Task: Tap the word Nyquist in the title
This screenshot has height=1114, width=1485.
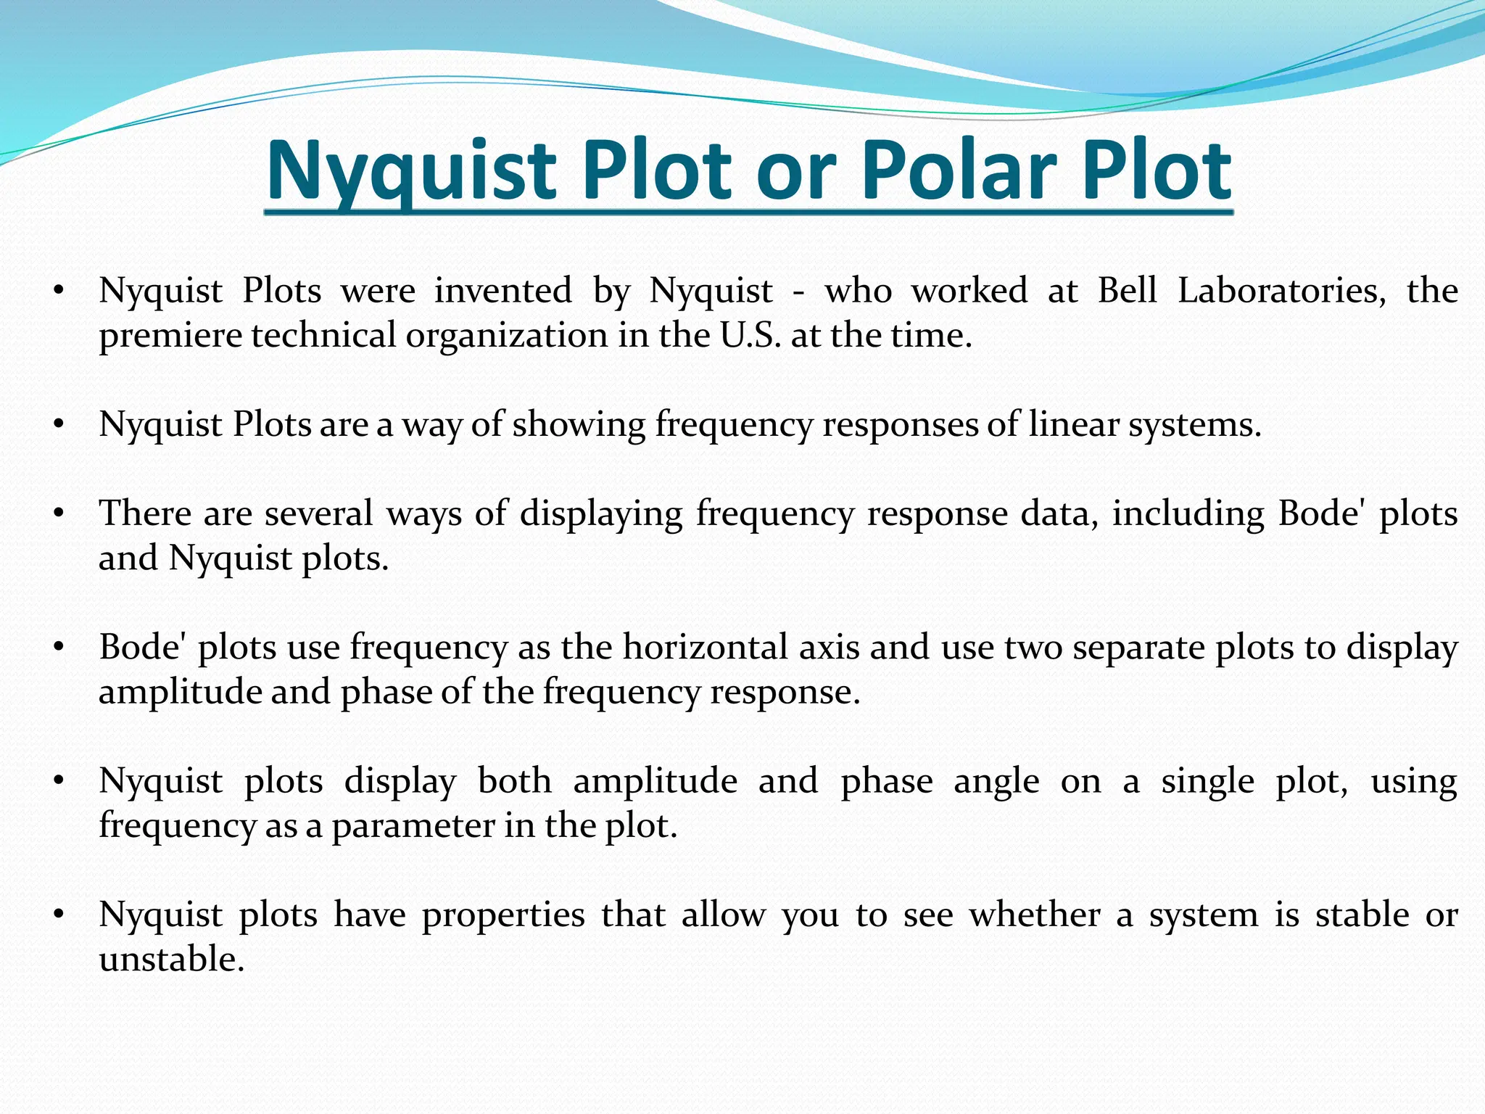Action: [411, 172]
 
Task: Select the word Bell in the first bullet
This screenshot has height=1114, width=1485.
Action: [1127, 291]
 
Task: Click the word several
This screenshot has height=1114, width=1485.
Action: [319, 513]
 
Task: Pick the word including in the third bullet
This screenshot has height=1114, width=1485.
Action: [1188, 515]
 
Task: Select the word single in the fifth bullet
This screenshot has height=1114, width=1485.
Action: [1207, 782]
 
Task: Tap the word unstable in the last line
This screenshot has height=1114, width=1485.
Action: [172, 960]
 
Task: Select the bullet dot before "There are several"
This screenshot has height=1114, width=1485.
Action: [59, 514]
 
